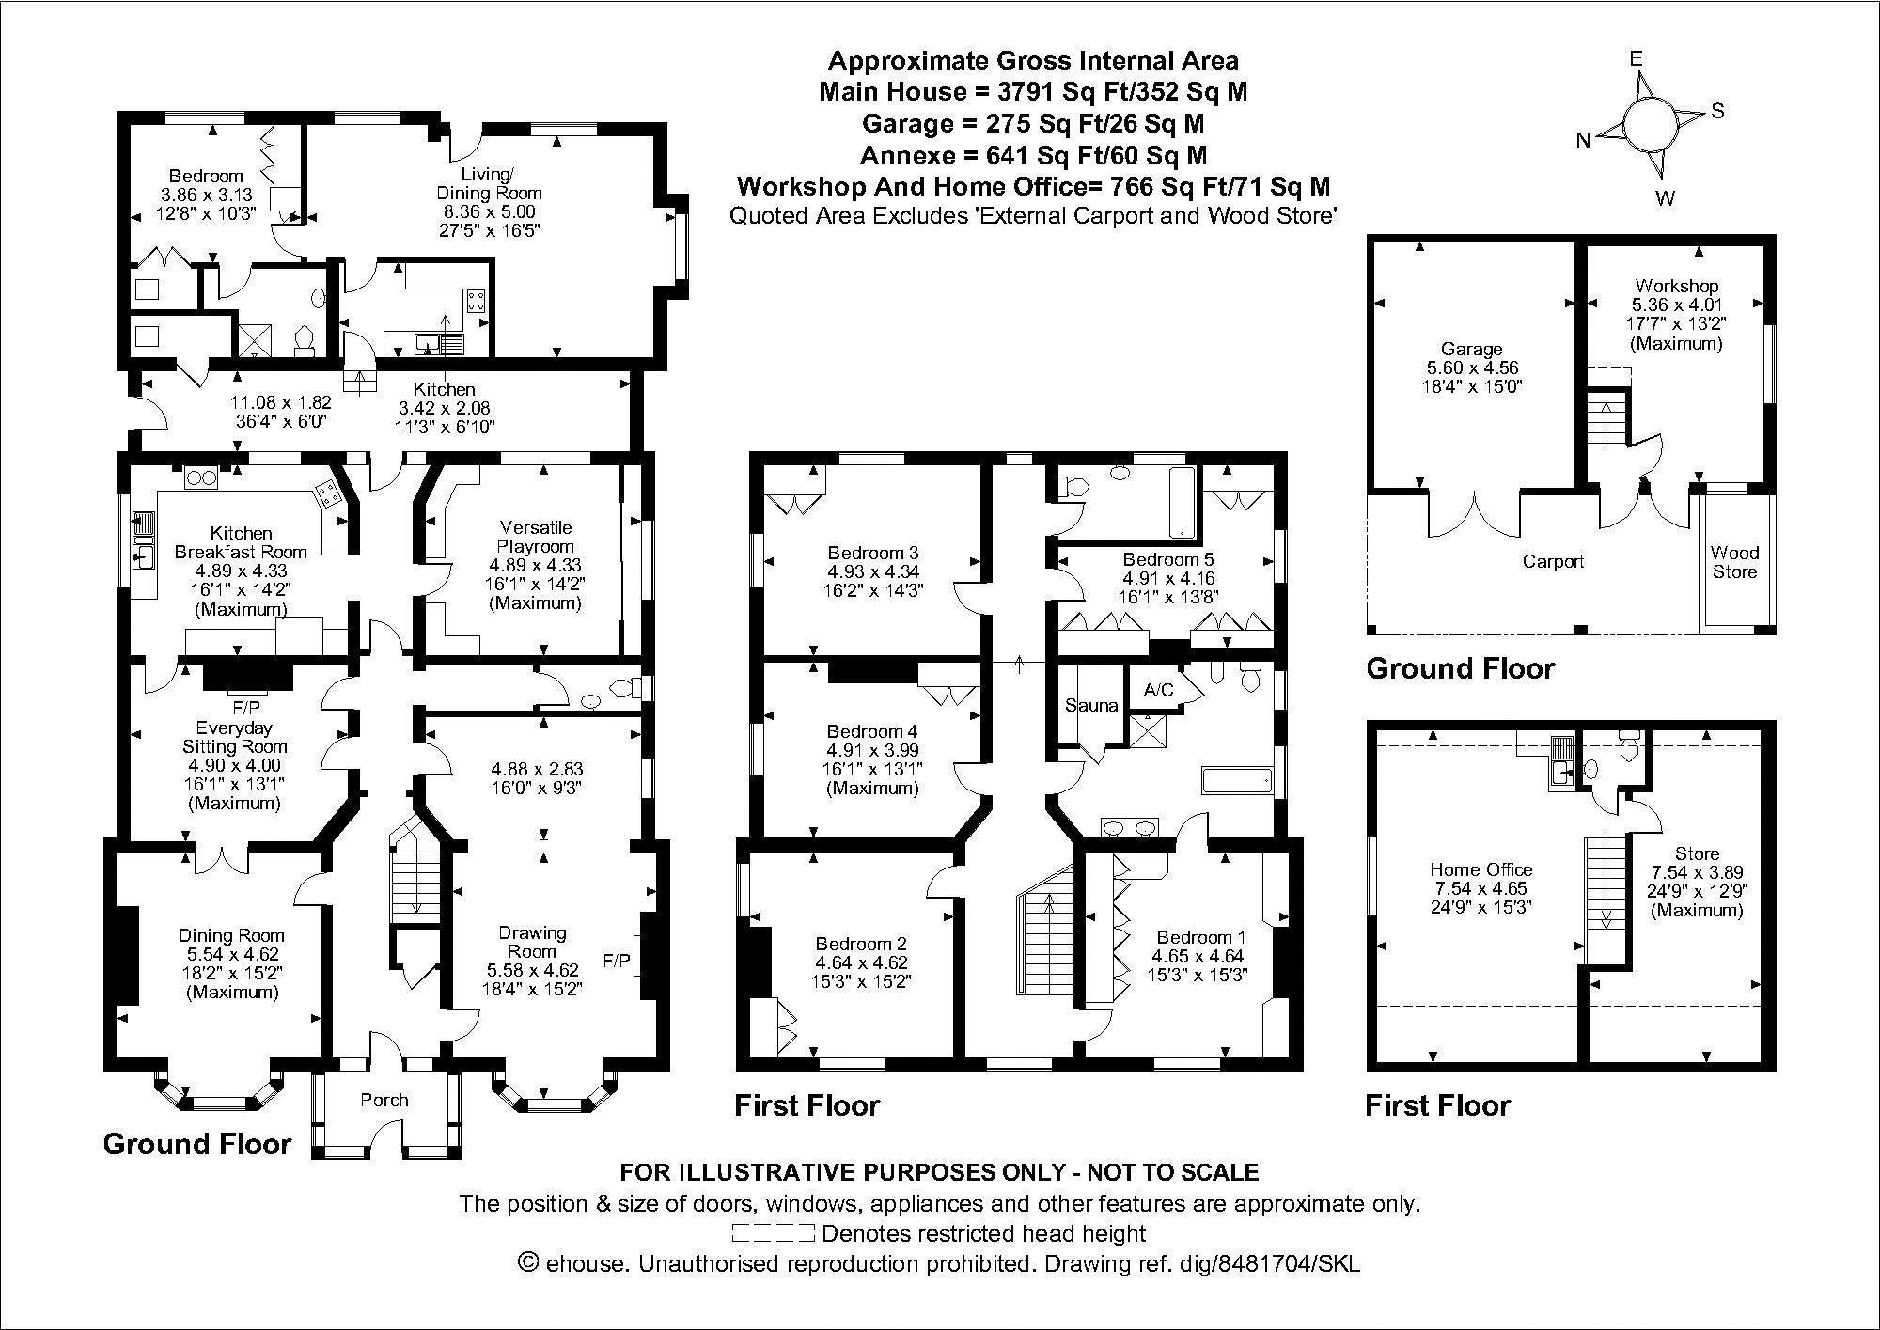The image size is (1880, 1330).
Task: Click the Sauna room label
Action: pyautogui.click(x=1090, y=705)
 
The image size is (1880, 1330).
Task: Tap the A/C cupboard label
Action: pyautogui.click(x=1158, y=690)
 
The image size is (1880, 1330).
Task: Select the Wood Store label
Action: pyautogui.click(x=1734, y=562)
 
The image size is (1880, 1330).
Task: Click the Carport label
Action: pyautogui.click(x=1553, y=561)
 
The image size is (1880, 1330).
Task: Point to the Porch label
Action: pyautogui.click(x=384, y=1099)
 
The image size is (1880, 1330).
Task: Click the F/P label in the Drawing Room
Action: pyautogui.click(x=616, y=961)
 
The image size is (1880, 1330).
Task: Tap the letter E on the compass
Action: pyautogui.click(x=1636, y=59)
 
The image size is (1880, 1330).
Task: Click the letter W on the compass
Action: pyautogui.click(x=1665, y=198)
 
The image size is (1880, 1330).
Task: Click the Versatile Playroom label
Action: pyautogui.click(x=536, y=537)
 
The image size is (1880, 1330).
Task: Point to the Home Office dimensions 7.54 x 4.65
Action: pyautogui.click(x=1480, y=888)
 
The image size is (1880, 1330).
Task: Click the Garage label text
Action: pyautogui.click(x=1471, y=349)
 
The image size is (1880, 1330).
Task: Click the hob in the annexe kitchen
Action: pyautogui.click(x=476, y=302)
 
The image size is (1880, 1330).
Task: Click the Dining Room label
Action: pyautogui.click(x=231, y=935)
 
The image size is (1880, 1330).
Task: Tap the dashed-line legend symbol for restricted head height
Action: pyautogui.click(x=773, y=1232)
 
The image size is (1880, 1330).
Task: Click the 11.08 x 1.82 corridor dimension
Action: pyautogui.click(x=281, y=402)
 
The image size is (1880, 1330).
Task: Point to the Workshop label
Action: pyautogui.click(x=1676, y=285)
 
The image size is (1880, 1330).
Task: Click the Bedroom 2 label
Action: pyautogui.click(x=861, y=944)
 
